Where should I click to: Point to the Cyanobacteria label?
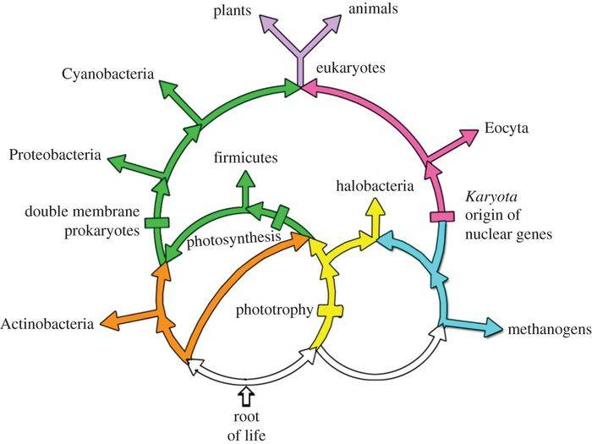tap(107, 75)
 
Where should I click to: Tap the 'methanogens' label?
tap(546, 328)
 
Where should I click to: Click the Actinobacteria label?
tap(47, 323)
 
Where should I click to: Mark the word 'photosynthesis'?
tap(234, 239)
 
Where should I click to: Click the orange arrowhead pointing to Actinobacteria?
tap(109, 321)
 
